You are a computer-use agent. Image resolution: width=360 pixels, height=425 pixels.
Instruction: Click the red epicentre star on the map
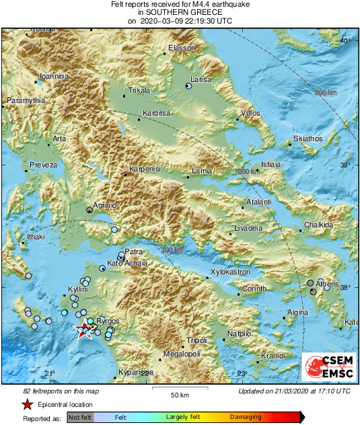pyautogui.click(x=85, y=330)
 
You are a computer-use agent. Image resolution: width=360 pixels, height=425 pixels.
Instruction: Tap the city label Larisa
pyautogui.click(x=201, y=79)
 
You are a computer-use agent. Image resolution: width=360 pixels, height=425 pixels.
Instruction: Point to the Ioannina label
pyautogui.click(x=54, y=76)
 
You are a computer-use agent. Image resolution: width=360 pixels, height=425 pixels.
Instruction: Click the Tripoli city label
pyautogui.click(x=196, y=340)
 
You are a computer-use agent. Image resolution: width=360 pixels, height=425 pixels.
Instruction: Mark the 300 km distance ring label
pyautogui.click(x=325, y=92)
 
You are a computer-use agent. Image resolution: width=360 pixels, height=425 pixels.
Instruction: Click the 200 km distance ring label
pyautogui.click(x=248, y=173)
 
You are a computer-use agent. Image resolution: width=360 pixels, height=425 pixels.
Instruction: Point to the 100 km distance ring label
pyautogui.click(x=173, y=250)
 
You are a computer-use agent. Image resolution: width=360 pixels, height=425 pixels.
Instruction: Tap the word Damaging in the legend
pyautogui.click(x=246, y=417)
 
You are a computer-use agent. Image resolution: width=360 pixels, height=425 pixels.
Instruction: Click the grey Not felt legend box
pyautogui.click(x=79, y=418)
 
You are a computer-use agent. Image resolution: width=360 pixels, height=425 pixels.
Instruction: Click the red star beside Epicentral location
pyautogui.click(x=27, y=405)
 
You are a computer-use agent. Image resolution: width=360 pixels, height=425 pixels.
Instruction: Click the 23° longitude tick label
pyautogui.click(x=242, y=374)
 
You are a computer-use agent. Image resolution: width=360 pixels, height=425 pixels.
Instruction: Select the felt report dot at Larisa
pyautogui.click(x=188, y=86)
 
